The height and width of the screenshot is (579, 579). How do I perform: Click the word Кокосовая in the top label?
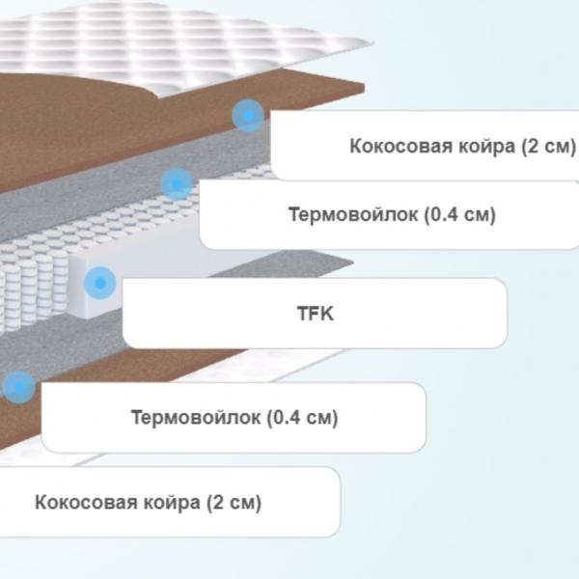(x=401, y=146)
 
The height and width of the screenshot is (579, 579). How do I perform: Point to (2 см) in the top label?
(x=548, y=147)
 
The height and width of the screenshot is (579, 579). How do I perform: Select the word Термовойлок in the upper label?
(x=353, y=214)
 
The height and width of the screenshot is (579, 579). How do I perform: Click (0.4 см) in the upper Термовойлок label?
(x=459, y=215)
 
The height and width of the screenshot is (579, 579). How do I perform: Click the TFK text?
(x=316, y=314)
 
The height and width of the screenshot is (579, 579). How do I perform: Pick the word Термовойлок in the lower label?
(x=196, y=417)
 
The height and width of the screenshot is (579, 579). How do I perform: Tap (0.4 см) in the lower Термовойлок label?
(x=302, y=418)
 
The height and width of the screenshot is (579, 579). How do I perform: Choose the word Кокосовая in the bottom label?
(x=86, y=502)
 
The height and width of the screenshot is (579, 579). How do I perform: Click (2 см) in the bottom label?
(x=234, y=503)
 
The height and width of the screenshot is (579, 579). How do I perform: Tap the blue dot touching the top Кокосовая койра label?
(x=248, y=116)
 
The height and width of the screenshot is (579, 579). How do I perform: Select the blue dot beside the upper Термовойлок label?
(x=177, y=183)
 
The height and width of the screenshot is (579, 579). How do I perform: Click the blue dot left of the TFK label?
(x=100, y=283)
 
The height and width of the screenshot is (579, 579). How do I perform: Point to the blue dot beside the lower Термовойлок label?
(x=19, y=387)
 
